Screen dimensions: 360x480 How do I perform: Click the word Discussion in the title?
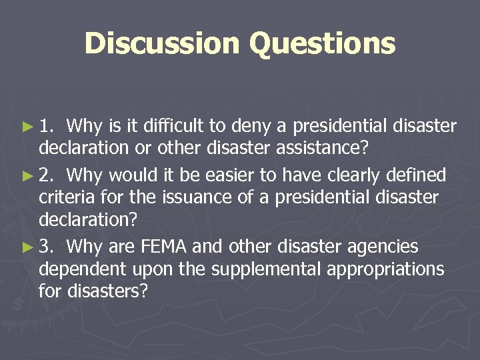coord(162,43)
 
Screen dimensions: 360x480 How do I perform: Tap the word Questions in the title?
coord(323,45)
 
